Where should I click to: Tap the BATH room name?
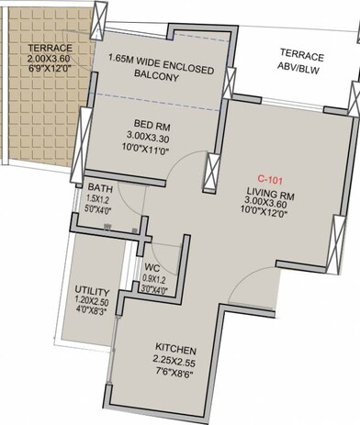(x=100, y=187)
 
